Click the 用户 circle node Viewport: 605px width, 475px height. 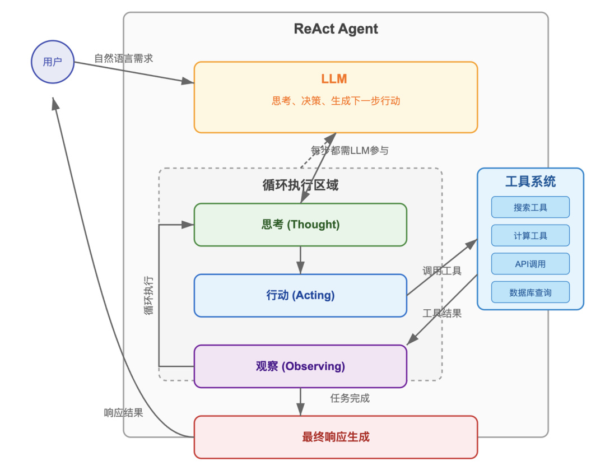[x=53, y=62]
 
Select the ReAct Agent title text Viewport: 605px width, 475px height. [x=336, y=29]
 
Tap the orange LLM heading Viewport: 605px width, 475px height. [x=334, y=78]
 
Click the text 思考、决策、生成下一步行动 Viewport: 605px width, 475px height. [x=336, y=101]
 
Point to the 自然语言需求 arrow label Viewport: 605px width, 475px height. [x=123, y=58]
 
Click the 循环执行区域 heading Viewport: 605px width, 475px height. [x=300, y=185]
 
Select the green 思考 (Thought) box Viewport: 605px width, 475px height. [x=300, y=225]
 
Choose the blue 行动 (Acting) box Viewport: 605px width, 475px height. [x=300, y=295]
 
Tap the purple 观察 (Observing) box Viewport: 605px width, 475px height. [x=300, y=366]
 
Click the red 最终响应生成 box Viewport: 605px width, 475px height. [x=336, y=437]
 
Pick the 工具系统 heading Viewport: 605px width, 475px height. [x=530, y=181]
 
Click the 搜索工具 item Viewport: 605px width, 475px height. [x=530, y=207]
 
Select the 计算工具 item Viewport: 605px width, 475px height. [x=530, y=236]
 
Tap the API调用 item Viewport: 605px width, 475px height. [x=530, y=264]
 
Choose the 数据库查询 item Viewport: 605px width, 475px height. [x=530, y=292]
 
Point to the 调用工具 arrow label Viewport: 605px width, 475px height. [x=442, y=271]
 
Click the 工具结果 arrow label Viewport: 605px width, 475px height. [x=442, y=314]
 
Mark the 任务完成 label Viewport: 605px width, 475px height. [x=350, y=398]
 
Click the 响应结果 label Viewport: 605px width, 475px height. [x=123, y=413]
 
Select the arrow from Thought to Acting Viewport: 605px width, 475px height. [x=300, y=260]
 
